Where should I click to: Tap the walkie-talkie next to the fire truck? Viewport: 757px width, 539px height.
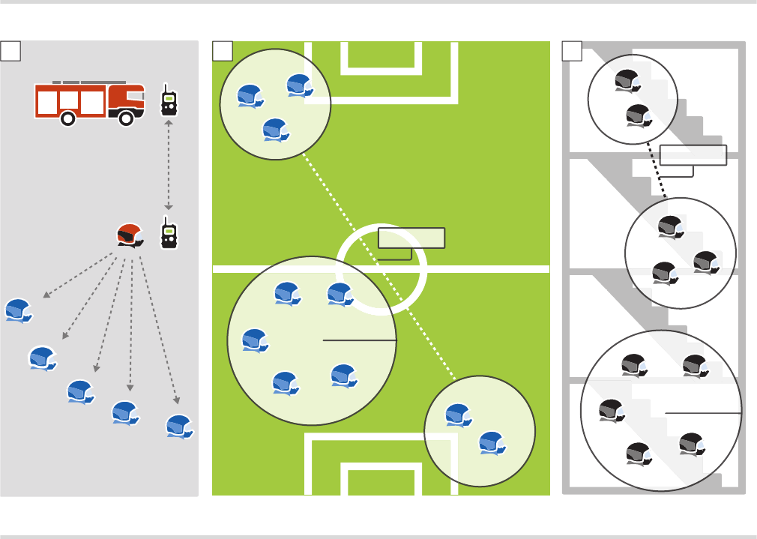[169, 100]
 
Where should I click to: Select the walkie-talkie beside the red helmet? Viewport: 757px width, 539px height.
[169, 233]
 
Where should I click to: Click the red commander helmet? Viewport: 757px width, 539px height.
[130, 235]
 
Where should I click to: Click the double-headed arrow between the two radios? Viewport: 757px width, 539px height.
[169, 165]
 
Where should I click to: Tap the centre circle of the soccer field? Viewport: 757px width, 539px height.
[381, 270]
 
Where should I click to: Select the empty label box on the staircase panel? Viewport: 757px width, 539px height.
[693, 155]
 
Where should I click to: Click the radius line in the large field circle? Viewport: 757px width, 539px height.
[359, 340]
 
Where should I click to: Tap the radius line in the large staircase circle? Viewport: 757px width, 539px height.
[703, 413]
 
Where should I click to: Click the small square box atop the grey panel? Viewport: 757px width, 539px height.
[10, 50]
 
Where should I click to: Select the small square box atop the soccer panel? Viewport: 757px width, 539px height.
[223, 50]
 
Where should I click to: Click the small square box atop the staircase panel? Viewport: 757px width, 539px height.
[572, 50]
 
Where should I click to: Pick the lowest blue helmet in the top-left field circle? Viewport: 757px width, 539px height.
[276, 130]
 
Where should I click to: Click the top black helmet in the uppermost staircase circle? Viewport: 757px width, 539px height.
[627, 80]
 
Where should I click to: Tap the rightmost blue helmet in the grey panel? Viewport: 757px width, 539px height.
[179, 425]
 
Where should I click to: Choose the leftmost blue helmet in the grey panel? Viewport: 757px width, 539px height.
[18, 310]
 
